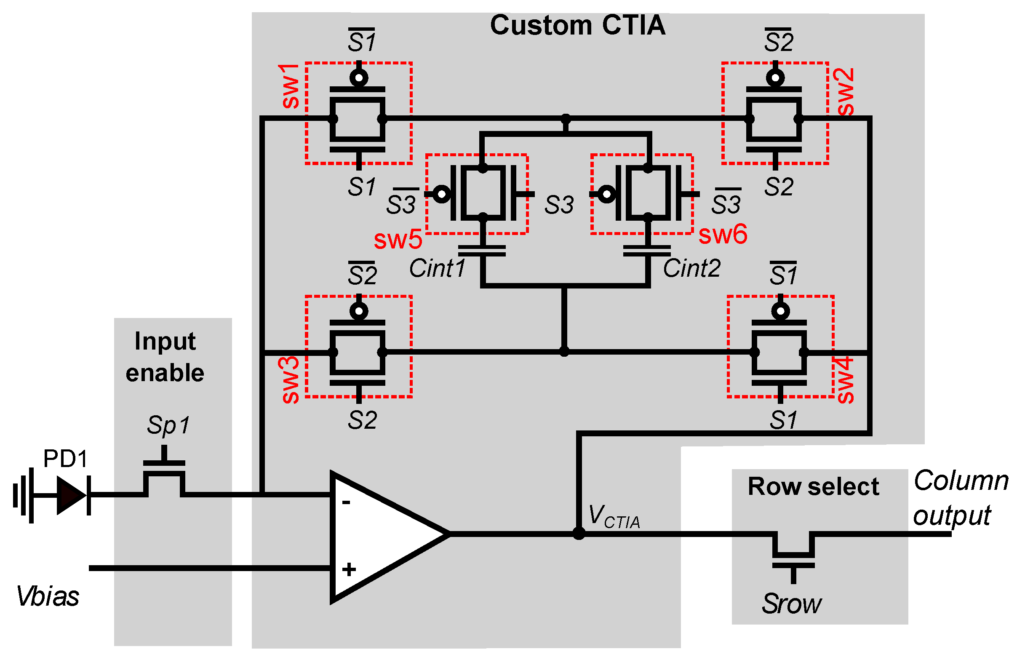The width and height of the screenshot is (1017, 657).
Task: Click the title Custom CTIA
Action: click(577, 26)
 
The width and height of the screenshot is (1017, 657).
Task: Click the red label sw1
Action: click(291, 86)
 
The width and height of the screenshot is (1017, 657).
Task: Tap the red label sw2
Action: click(845, 92)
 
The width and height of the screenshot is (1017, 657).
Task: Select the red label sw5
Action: click(398, 239)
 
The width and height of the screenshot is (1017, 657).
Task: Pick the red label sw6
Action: click(723, 234)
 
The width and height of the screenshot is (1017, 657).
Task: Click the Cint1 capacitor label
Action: click(437, 268)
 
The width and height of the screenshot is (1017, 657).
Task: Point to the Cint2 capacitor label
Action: click(691, 268)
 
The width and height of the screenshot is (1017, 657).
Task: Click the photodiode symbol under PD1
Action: click(72, 495)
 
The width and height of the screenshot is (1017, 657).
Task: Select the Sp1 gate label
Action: click(168, 425)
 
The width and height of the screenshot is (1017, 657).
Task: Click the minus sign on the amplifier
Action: click(346, 502)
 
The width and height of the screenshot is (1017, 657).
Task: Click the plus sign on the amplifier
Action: click(349, 569)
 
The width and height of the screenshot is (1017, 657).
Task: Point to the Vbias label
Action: click(48, 596)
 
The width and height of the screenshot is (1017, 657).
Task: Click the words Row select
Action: click(813, 486)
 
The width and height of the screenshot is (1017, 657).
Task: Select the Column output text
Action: click(960, 498)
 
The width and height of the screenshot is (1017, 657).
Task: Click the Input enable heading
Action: click(165, 357)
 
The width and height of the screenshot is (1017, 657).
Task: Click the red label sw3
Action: click(291, 380)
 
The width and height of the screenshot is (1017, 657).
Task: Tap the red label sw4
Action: click(845, 380)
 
